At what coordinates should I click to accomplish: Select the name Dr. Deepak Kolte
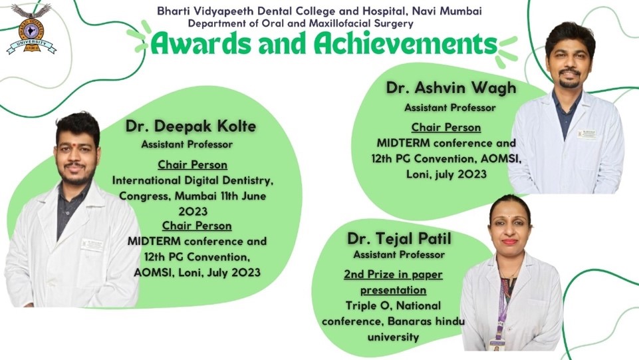191,126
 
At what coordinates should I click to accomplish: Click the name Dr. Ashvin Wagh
451,88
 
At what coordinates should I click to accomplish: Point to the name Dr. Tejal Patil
399,238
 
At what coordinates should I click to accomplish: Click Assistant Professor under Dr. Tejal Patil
399,255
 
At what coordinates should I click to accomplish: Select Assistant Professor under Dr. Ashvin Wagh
450,108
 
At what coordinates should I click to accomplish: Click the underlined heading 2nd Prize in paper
393,274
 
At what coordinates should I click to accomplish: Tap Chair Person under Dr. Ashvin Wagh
446,128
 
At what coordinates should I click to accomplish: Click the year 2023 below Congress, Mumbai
193,211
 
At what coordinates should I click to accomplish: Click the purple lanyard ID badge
496,343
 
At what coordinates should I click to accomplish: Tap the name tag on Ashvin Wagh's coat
586,134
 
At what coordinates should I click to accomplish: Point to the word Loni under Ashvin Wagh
418,174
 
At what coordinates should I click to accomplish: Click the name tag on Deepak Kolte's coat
92,245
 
